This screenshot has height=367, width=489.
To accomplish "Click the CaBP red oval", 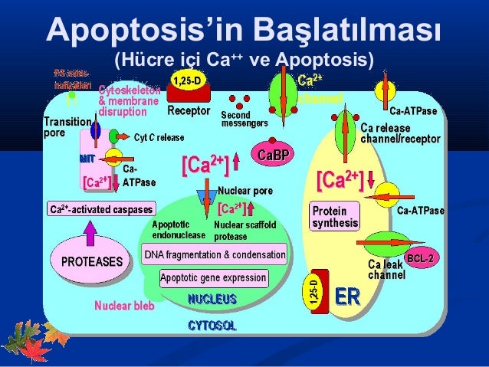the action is pyautogui.click(x=274, y=156).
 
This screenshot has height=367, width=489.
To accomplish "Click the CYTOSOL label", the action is pyautogui.click(x=212, y=326).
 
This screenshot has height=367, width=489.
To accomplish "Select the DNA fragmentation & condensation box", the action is pyautogui.click(x=215, y=254).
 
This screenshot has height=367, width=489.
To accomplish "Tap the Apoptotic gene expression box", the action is pyautogui.click(x=213, y=277).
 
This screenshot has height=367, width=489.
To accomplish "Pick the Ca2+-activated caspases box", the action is pyautogui.click(x=101, y=209).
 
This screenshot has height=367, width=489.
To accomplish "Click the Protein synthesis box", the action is pyautogui.click(x=334, y=217).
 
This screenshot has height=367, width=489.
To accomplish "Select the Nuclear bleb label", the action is pyautogui.click(x=124, y=306).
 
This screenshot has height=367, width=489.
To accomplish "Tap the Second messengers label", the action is pyautogui.click(x=244, y=119).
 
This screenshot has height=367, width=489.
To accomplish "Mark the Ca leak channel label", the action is pyautogui.click(x=386, y=269).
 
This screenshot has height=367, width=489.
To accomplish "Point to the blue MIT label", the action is pyautogui.click(x=86, y=159).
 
